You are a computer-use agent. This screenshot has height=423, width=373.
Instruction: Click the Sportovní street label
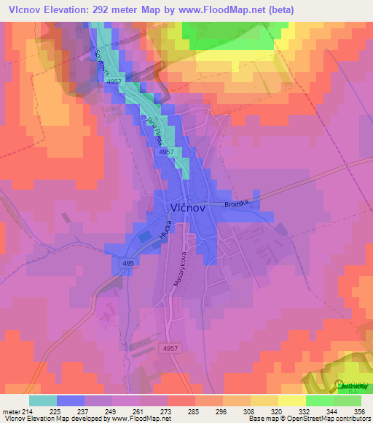pos(97,64)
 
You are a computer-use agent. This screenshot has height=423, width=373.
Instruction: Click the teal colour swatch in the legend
pos(43,400)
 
